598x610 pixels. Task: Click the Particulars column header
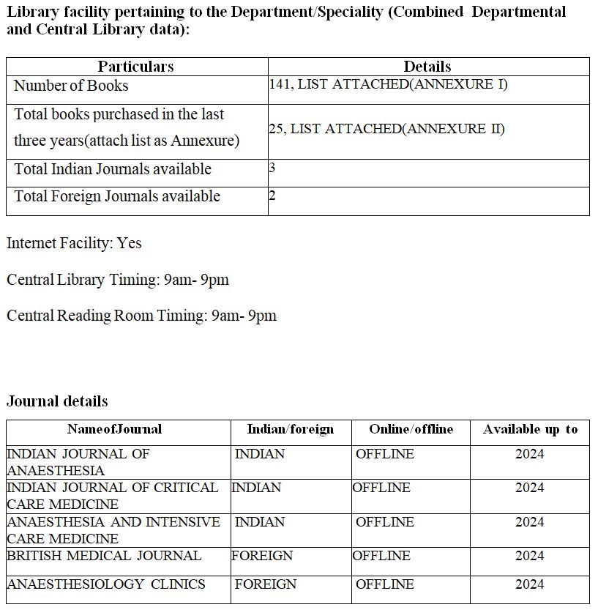136,67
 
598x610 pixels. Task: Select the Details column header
427,67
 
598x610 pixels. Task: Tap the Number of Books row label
71,86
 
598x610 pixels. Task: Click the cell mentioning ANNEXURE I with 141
388,84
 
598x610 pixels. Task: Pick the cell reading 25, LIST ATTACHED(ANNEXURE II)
386,129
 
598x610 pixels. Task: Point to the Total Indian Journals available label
113,169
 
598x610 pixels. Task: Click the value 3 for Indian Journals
272,168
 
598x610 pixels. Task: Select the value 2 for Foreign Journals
272,196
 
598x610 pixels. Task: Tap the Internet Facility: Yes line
74,243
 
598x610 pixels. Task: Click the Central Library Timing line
118,280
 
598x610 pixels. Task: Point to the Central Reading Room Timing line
141,316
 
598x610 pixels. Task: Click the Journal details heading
57,401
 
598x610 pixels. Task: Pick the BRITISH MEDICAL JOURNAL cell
104,556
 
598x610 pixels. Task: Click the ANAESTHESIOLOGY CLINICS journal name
106,584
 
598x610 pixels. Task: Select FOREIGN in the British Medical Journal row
262,556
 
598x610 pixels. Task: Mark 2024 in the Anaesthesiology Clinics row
529,584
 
